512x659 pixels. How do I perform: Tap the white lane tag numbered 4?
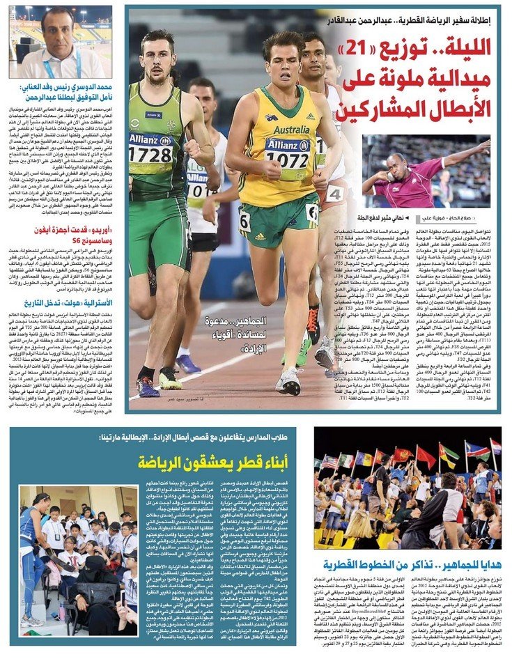pos(335,193)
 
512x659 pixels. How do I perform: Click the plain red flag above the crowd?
pos(424,457)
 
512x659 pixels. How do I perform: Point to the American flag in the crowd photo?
pos(329,460)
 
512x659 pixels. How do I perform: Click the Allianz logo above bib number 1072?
pos(286,144)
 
